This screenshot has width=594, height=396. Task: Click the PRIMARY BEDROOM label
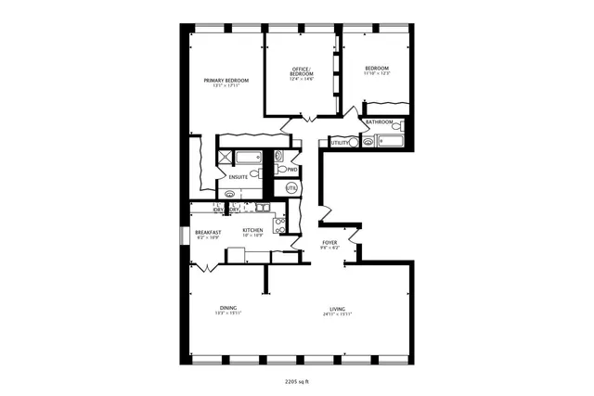[x=226, y=81]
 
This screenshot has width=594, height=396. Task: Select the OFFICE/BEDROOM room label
[x=300, y=72]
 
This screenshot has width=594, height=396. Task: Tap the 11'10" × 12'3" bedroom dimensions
[x=376, y=74]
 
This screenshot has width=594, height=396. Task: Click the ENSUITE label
[x=239, y=176]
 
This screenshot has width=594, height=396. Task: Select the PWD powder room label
[x=291, y=170]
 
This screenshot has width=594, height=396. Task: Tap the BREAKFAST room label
[x=207, y=232]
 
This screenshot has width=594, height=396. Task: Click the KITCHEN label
[x=252, y=230]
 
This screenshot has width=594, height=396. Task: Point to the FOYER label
[x=329, y=242]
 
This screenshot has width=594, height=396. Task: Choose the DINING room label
[x=228, y=308]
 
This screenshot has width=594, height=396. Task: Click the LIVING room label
[x=337, y=308]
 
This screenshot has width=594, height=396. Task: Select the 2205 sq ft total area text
[x=297, y=380]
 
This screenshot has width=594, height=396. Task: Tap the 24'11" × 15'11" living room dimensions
[x=337, y=313]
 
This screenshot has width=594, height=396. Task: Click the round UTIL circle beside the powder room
[x=291, y=188]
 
